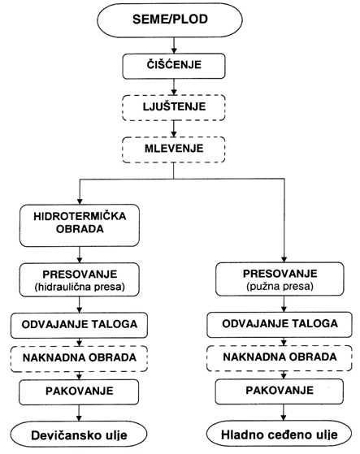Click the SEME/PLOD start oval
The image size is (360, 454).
point(169,19)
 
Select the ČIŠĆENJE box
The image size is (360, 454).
point(174,66)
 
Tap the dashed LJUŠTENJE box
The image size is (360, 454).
point(174,107)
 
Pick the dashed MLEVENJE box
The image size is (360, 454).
point(174,149)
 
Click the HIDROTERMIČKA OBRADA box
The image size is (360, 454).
point(80,225)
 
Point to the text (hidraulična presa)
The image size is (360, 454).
point(80,287)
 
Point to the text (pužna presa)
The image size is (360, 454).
point(280,286)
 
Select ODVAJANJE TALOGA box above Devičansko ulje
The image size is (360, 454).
point(79,325)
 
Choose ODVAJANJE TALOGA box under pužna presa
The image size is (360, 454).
point(280,325)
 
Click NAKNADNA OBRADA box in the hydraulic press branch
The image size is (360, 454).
point(79,359)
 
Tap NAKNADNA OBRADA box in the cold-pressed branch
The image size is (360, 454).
point(280,358)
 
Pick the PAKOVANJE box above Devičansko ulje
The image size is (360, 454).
point(79,392)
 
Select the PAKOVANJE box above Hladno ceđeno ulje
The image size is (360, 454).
point(280,391)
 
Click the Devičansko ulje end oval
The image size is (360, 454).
point(79,435)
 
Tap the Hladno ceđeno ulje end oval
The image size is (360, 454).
point(280,434)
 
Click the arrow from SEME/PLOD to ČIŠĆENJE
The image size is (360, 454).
point(174,45)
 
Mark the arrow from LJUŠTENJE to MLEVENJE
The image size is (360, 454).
point(174,129)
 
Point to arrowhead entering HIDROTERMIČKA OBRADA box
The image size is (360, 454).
point(80,201)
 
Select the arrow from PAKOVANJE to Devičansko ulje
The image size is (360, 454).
point(79,413)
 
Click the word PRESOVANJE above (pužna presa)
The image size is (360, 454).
point(280,274)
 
